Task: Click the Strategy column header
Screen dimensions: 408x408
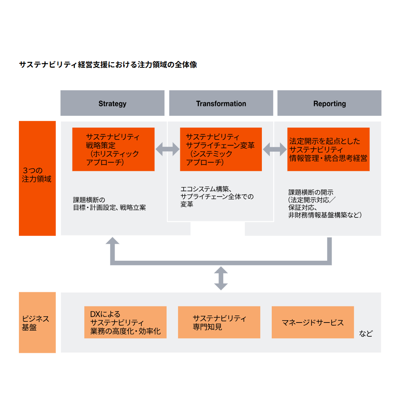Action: tap(112, 103)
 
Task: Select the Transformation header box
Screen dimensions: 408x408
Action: tap(221, 103)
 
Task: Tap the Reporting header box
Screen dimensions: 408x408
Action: tap(329, 103)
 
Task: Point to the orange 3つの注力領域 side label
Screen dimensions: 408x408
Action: tap(37, 178)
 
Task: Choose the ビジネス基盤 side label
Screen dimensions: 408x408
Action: tap(37, 322)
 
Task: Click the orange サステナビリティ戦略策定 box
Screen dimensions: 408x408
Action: tap(113, 149)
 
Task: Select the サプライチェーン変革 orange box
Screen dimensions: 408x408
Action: tap(221, 149)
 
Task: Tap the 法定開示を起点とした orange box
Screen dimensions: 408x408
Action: tap(328, 149)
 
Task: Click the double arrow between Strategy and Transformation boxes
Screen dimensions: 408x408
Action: tap(167, 149)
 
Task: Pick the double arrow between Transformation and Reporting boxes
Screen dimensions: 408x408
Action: tap(274, 149)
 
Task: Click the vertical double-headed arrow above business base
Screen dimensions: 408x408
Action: tap(221, 278)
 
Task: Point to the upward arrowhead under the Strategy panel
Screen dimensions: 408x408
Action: tap(113, 242)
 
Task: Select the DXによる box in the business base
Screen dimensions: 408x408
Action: tap(125, 322)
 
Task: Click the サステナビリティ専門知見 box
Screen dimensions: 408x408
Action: tap(219, 322)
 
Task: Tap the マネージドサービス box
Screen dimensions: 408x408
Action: tap(313, 322)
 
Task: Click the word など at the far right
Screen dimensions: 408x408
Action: tap(366, 334)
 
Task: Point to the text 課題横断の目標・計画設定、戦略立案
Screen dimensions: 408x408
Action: tap(109, 204)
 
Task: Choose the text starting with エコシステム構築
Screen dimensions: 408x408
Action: tap(217, 197)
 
